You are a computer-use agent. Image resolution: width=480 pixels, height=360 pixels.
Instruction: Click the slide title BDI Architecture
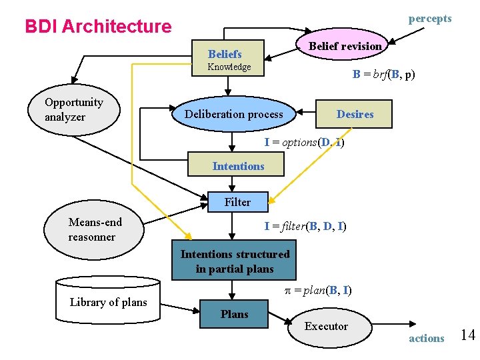[x=98, y=27]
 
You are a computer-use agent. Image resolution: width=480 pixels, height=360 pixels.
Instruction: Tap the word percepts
[x=429, y=19]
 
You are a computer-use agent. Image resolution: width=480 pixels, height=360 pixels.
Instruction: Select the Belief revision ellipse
[x=345, y=45]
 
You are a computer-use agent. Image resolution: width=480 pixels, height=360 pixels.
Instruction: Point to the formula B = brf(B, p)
[x=383, y=75]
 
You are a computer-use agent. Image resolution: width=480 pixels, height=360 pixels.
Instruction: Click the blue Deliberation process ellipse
[x=233, y=114]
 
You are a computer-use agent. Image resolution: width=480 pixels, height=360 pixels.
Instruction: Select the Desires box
[x=355, y=114]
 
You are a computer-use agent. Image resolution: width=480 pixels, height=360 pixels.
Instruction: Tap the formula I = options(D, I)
[x=304, y=142]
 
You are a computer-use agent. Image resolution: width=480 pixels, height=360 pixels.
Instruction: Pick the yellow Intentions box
[x=238, y=166]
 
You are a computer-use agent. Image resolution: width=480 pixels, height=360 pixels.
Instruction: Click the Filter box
[x=237, y=202]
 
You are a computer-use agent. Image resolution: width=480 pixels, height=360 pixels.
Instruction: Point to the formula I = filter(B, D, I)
[x=305, y=226]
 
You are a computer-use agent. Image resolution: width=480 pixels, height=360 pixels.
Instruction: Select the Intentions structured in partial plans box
[x=235, y=261]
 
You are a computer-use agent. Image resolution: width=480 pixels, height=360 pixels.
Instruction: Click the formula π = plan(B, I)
[x=314, y=290]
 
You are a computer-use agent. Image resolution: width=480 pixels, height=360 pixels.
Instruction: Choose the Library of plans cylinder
[x=108, y=301]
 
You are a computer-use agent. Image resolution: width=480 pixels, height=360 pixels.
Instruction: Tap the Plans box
[x=234, y=314]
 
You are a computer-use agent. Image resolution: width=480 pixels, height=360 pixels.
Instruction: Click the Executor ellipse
[x=326, y=326]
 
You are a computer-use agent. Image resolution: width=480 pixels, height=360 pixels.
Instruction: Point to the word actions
[x=426, y=338]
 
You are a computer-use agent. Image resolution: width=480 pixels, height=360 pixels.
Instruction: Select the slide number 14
[x=467, y=335]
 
